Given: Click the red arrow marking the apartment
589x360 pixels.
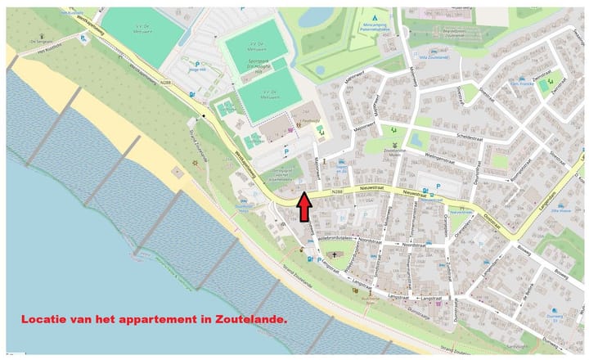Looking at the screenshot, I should click(303, 206).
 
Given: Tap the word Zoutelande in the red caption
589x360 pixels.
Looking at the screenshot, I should click(252, 320).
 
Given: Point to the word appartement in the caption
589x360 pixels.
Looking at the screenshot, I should click(168, 320).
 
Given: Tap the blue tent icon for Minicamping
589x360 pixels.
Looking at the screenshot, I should click(375, 17).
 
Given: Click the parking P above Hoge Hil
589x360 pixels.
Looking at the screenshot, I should click(197, 62).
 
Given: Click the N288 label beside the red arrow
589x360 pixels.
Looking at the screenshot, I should click(336, 192).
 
